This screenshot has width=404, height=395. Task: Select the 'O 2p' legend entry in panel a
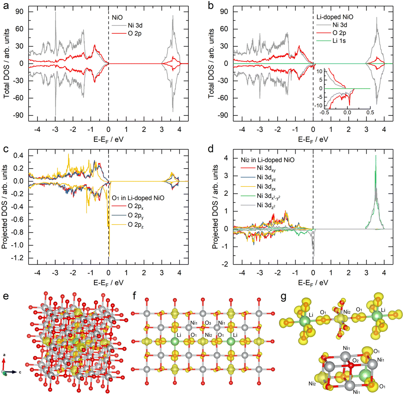[127, 33]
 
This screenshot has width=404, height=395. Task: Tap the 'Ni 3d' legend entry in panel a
[127, 25]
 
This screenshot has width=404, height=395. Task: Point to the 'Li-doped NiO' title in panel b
[335, 17]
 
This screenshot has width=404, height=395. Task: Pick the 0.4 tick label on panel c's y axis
[19, 155]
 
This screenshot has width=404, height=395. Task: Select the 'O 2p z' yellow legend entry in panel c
[128, 225]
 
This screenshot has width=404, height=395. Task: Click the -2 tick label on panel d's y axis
[226, 264]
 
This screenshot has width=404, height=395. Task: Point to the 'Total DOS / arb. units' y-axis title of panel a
[6, 63]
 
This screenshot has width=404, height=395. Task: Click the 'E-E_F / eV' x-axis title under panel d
[313, 283]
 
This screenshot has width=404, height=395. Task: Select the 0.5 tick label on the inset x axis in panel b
[370, 112]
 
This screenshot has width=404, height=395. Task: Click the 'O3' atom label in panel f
[208, 323]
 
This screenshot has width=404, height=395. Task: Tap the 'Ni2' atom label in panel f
[209, 335]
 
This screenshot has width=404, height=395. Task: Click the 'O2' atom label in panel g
[355, 360]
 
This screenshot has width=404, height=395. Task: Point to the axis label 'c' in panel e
[20, 372]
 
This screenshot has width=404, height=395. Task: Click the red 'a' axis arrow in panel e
[4, 364]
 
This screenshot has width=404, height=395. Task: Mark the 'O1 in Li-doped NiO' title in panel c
[138, 198]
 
